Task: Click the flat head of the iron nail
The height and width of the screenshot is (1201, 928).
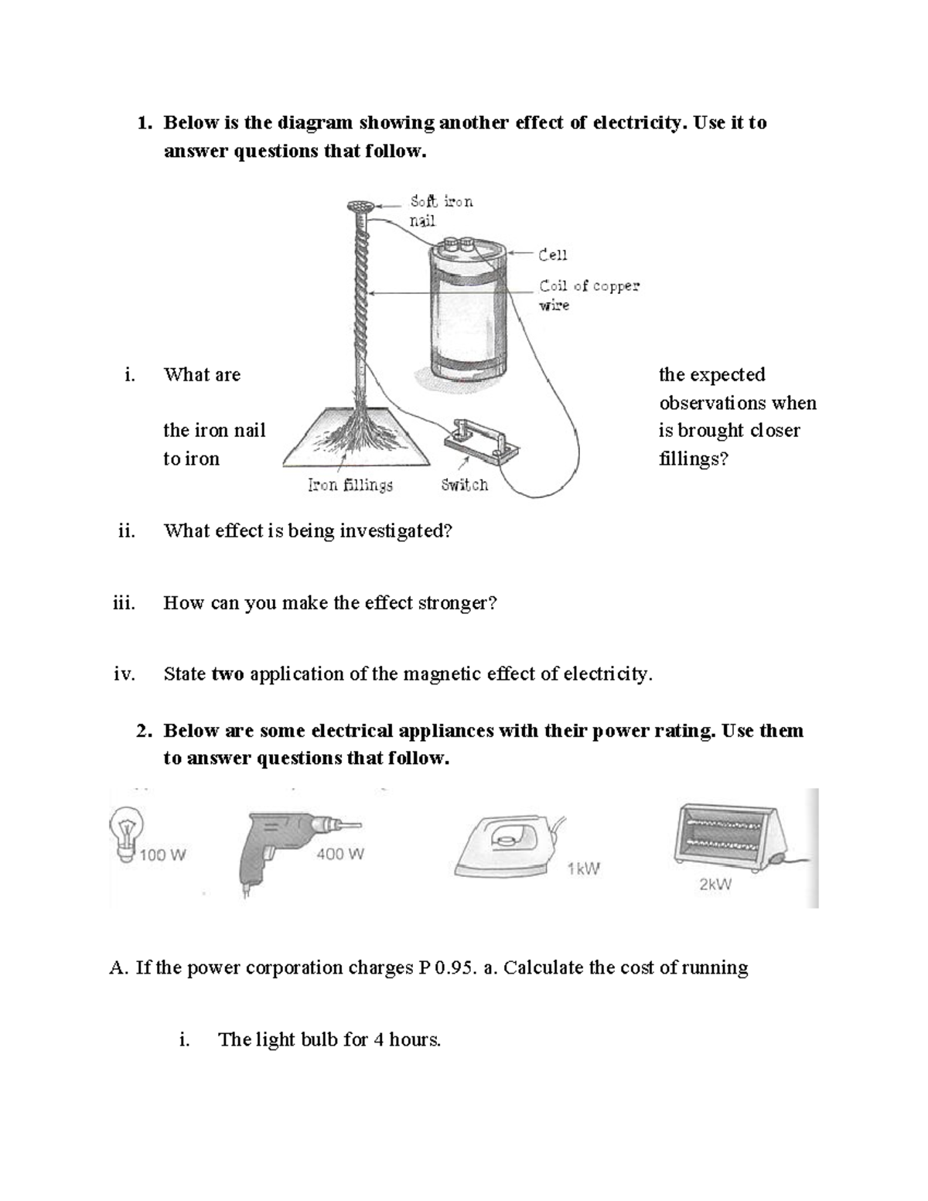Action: point(360,206)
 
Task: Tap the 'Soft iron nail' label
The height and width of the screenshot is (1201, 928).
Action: point(441,210)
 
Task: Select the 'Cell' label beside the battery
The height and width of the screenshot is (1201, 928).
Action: point(553,254)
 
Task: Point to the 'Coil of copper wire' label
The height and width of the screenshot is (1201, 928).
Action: point(589,295)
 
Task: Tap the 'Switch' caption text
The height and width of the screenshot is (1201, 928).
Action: point(464,485)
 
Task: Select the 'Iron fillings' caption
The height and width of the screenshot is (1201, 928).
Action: point(350,485)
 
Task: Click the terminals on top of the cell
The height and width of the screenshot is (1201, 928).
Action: point(457,245)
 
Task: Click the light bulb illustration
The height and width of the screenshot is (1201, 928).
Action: point(125,832)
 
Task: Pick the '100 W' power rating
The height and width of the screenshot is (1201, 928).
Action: point(162,855)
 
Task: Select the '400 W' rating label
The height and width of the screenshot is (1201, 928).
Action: point(339,854)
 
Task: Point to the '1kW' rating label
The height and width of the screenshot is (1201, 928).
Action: point(583,868)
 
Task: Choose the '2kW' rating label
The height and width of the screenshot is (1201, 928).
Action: point(715,885)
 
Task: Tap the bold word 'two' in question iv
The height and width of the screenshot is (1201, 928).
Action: point(227,674)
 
